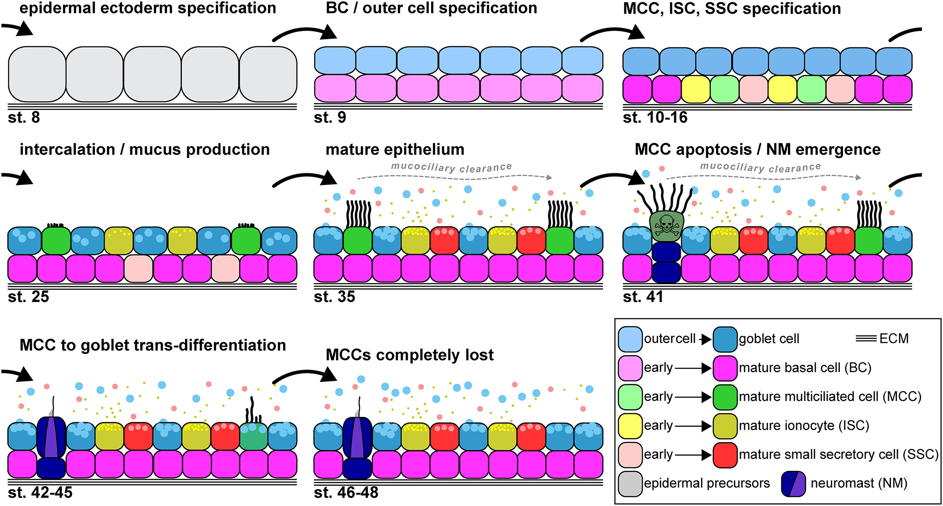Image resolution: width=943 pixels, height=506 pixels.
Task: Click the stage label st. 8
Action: click(x=24, y=118)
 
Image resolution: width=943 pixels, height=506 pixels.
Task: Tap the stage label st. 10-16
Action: click(x=655, y=118)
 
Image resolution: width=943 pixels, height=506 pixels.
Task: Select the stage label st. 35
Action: click(x=334, y=296)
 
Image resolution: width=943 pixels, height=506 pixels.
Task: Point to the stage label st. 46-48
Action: click(x=346, y=492)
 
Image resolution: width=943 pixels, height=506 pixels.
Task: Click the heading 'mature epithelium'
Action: click(x=395, y=149)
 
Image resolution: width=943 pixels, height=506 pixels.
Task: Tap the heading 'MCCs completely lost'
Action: click(x=409, y=355)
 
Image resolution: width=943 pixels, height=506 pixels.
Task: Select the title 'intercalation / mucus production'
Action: click(x=144, y=149)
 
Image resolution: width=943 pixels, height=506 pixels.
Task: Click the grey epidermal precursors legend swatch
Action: click(x=630, y=483)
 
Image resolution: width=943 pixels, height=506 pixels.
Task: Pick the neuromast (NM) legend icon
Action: click(x=793, y=483)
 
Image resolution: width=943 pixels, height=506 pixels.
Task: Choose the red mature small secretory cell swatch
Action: click(x=725, y=455)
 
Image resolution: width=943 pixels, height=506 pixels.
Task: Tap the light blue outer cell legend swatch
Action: click(x=630, y=339)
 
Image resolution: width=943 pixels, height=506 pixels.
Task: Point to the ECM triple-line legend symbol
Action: click(x=866, y=339)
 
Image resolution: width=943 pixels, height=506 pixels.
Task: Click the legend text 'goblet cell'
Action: click(x=769, y=339)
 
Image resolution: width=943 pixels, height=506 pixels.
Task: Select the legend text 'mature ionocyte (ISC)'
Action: click(x=804, y=426)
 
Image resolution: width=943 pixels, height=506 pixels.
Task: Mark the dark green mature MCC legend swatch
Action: click(x=725, y=397)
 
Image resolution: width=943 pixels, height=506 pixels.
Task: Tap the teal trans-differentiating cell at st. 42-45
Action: click(x=253, y=436)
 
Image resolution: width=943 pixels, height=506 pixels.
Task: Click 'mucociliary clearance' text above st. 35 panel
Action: click(x=451, y=168)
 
